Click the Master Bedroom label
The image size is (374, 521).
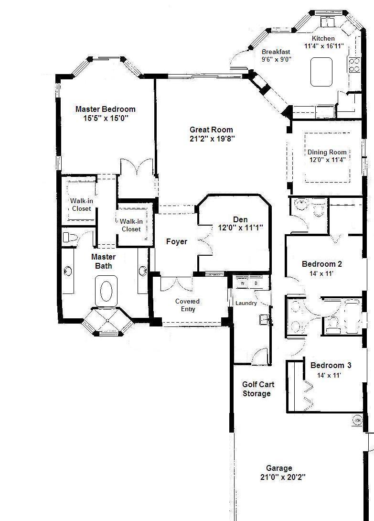click(105, 109)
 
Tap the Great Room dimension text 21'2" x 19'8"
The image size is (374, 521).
click(212, 139)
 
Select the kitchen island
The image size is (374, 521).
click(321, 72)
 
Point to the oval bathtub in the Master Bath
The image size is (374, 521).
click(107, 291)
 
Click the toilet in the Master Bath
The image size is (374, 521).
click(70, 238)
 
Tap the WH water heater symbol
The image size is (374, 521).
click(357, 420)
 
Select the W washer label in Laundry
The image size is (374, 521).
click(243, 283)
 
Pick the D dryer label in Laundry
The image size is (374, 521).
click(256, 283)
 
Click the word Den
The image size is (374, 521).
click(240, 219)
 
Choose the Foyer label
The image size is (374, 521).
click(177, 241)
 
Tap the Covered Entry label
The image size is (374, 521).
click(188, 305)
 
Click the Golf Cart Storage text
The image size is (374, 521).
click(258, 389)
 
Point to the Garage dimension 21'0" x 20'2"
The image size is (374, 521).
click(283, 477)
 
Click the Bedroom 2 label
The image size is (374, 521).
click(322, 264)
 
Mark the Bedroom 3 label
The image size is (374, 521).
click(331, 366)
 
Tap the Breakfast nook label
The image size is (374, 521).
click(276, 52)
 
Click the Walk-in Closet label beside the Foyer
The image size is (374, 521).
click(131, 225)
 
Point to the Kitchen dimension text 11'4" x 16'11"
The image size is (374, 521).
click(324, 46)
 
